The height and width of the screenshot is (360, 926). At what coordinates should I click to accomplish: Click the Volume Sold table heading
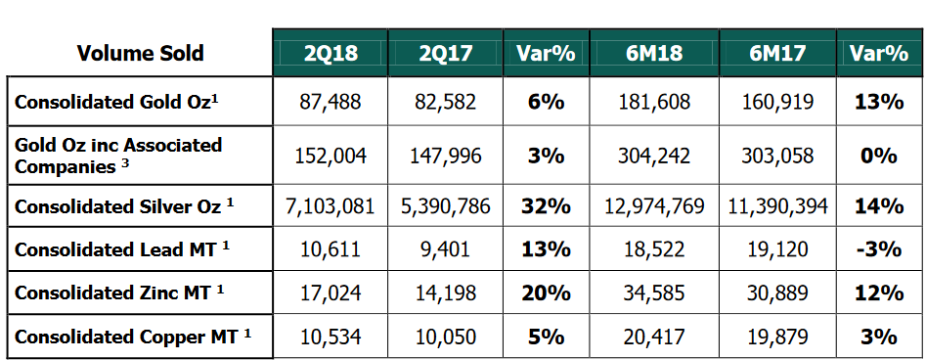(140, 53)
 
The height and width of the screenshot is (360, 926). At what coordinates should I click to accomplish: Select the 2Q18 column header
(331, 53)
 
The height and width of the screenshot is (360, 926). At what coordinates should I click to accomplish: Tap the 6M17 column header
(777, 53)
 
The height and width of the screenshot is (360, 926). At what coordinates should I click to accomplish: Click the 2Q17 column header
(445, 53)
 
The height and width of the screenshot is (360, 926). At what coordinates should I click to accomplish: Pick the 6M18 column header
(654, 53)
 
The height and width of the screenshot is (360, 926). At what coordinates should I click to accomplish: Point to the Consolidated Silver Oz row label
(124, 206)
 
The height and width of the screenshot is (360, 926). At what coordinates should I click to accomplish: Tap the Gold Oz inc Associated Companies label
(118, 156)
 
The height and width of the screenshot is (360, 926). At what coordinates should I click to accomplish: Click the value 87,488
(331, 102)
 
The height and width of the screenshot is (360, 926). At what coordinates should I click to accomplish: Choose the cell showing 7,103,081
(330, 206)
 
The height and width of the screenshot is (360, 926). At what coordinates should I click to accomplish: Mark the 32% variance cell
(547, 206)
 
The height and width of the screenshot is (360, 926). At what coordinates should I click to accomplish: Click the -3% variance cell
(879, 249)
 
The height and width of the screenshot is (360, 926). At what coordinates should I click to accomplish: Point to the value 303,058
(777, 156)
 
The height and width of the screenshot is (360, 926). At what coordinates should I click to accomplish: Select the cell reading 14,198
(445, 292)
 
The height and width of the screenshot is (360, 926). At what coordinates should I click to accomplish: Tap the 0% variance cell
(879, 156)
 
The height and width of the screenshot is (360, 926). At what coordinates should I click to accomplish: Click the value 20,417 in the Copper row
(654, 337)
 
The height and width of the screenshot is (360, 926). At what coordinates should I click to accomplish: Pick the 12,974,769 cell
(654, 206)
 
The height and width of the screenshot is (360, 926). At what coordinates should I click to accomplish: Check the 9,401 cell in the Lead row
(445, 249)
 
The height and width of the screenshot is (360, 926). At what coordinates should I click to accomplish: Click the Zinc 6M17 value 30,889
(777, 292)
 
